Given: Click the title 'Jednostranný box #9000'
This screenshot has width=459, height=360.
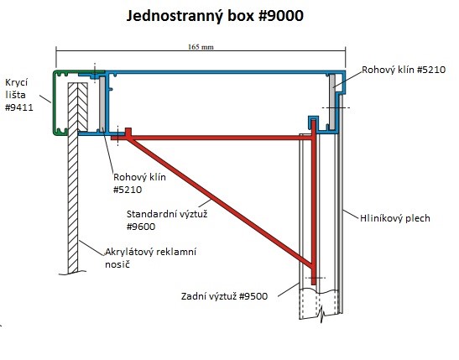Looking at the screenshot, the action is pyautogui.click(x=215, y=16).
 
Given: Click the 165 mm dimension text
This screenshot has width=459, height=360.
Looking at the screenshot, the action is pyautogui.click(x=201, y=47).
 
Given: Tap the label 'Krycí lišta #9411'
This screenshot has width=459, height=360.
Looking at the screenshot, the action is pyautogui.click(x=19, y=95).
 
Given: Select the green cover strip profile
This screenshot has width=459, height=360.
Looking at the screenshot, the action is pyautogui.click(x=55, y=102).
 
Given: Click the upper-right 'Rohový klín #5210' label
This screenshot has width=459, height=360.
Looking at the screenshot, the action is pyautogui.click(x=404, y=70).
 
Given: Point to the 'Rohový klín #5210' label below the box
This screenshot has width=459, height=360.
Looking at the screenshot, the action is pyautogui.click(x=139, y=184).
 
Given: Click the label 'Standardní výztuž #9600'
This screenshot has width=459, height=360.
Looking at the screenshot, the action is pyautogui.click(x=167, y=220).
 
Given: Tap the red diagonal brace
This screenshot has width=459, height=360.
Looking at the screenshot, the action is pyautogui.click(x=220, y=202).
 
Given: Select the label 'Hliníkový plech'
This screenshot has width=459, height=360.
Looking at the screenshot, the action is pyautogui.click(x=395, y=218).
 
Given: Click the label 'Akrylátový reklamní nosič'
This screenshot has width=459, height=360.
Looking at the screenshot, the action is pyautogui.click(x=151, y=258).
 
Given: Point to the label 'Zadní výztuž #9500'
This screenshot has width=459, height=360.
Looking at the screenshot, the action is pyautogui.click(x=224, y=296).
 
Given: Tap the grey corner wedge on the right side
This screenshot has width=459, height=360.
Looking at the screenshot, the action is pyautogui.click(x=332, y=102).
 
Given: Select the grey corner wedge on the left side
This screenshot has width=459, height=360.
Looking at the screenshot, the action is pyautogui.click(x=102, y=104).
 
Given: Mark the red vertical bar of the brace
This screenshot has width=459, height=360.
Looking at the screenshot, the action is pyautogui.click(x=314, y=202).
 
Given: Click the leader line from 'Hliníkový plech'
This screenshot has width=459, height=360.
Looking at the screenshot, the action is pyautogui.click(x=351, y=214).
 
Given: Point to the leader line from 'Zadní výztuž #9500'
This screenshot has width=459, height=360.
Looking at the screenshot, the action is pyautogui.click(x=288, y=290).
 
